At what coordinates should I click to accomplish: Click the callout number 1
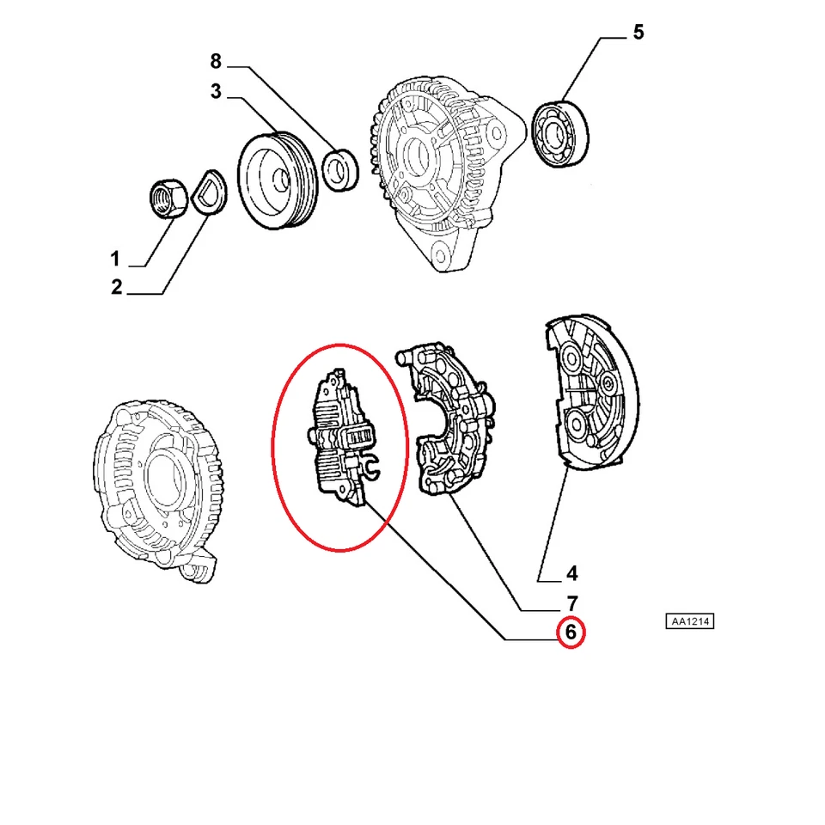point(114,257)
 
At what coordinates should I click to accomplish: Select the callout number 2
point(116,287)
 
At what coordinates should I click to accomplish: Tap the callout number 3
point(216,91)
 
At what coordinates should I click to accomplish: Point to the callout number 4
point(571,573)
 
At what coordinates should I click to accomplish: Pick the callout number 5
point(638,33)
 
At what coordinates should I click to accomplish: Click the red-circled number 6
point(571,634)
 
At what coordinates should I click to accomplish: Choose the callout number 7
point(571,603)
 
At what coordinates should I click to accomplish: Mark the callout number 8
point(216,61)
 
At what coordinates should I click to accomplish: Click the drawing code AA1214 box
point(689,621)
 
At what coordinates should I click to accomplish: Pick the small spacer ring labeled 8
point(339,169)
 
